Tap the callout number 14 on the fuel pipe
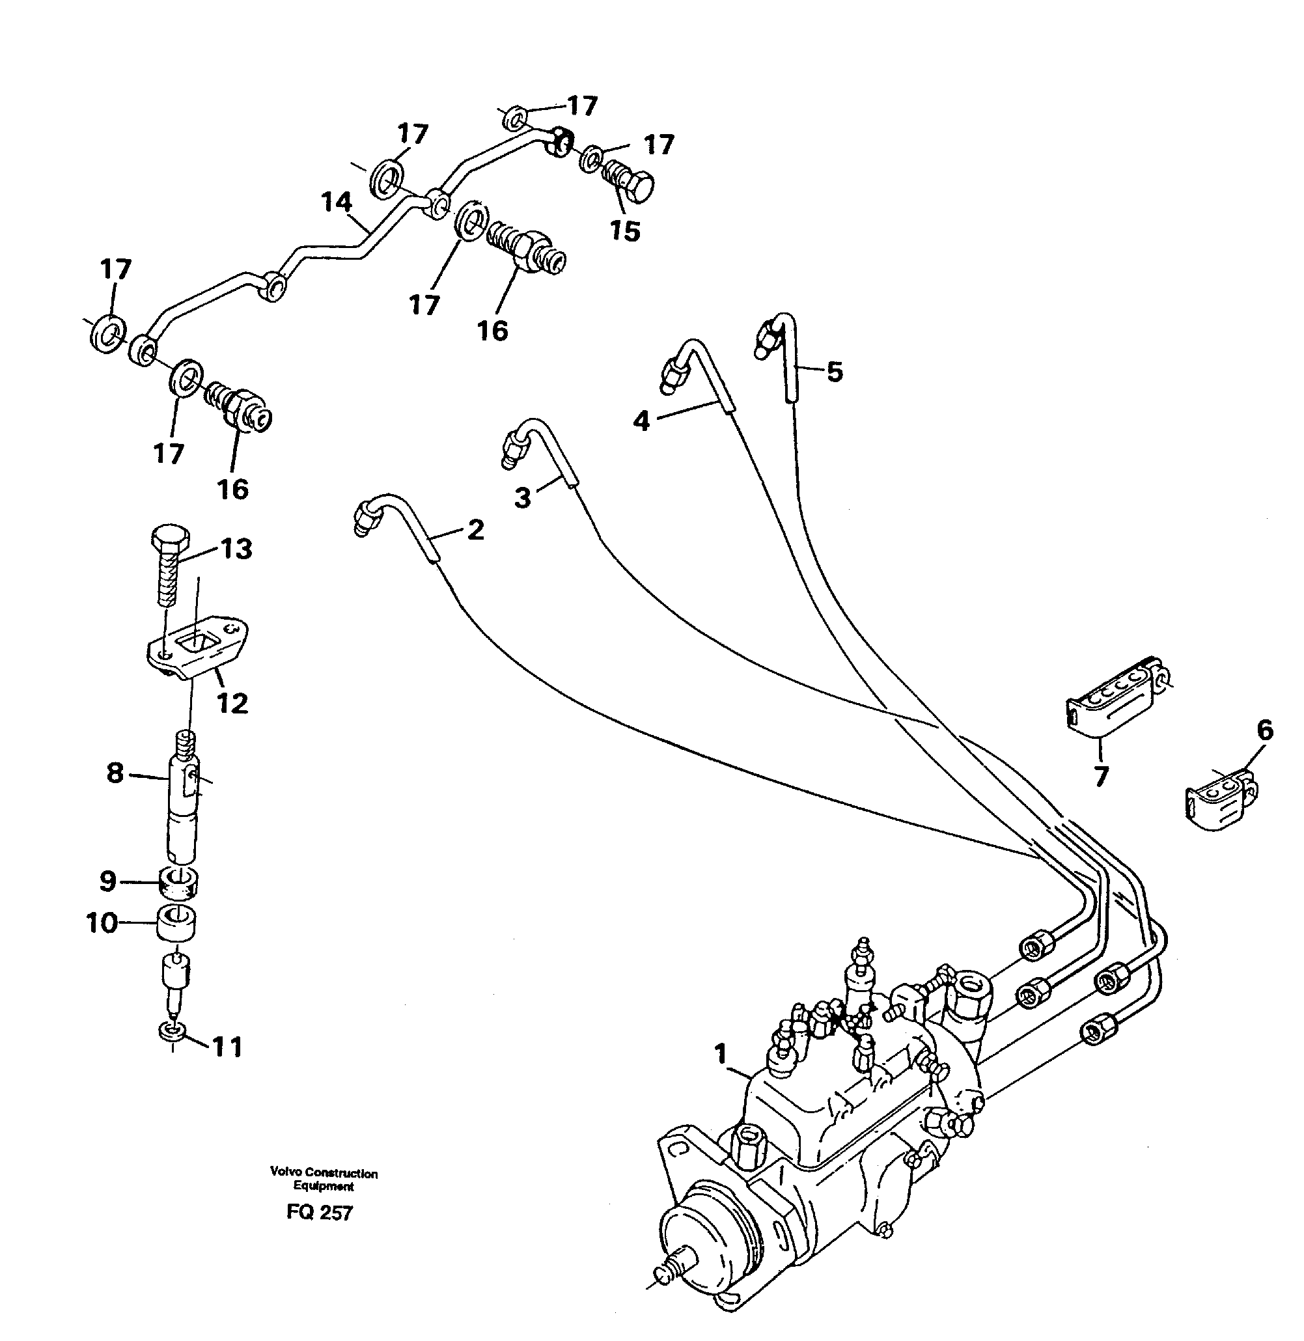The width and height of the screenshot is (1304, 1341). coord(337,202)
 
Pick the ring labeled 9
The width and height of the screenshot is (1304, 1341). coord(178,882)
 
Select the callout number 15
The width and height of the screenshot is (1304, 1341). coord(624,232)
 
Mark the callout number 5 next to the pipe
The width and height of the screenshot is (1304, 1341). coord(834,372)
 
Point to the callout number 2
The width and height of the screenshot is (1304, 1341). coord(475,529)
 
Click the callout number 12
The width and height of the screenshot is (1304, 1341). coord(232,702)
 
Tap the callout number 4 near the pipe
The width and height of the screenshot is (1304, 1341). coord(641,421)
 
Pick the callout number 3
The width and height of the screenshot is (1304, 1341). coord(523,498)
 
